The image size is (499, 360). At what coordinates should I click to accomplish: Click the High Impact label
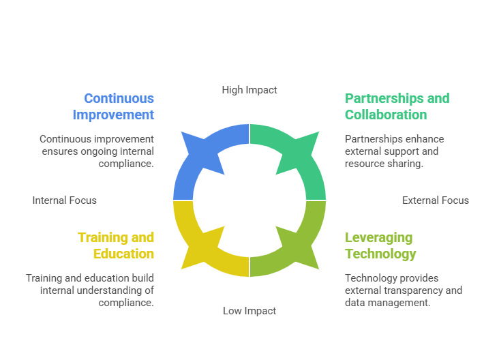point(249,90)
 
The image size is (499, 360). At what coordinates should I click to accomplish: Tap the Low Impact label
point(249,311)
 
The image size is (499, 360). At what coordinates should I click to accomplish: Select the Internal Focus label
point(64,200)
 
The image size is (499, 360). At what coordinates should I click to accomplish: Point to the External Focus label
point(436,200)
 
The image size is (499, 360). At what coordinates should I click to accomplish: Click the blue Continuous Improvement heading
point(113,106)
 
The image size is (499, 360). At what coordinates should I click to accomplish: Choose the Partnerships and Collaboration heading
point(397,106)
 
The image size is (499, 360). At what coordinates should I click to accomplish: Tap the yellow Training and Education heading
point(116,245)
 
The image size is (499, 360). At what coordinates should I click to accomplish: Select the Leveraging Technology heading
point(380,245)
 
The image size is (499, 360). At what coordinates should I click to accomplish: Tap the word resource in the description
point(360,164)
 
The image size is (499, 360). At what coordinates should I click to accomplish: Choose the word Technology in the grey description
point(367,278)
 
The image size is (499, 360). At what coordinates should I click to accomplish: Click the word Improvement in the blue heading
point(113,115)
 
